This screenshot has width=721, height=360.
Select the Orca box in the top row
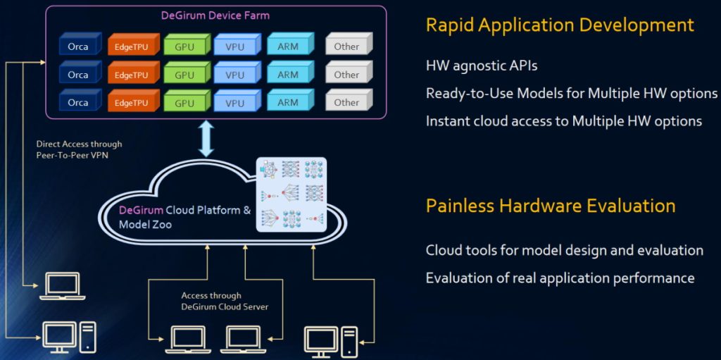click(78, 46)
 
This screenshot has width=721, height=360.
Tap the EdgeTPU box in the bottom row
click(131, 103)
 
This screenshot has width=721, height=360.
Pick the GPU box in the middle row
click(184, 75)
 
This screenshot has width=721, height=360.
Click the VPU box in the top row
click(235, 46)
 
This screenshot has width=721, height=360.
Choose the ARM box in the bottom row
click(288, 102)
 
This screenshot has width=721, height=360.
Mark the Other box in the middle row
click(346, 75)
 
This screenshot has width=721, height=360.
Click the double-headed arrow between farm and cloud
click(206, 138)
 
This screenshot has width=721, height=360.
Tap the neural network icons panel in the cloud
click(292, 193)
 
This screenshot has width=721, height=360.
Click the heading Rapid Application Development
click(560, 25)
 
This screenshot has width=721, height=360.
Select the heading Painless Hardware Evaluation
click(551, 206)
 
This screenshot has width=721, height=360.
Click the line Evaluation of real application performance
click(560, 278)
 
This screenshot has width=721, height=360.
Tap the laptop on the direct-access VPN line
click(61, 285)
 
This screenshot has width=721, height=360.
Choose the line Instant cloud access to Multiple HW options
click(563, 120)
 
